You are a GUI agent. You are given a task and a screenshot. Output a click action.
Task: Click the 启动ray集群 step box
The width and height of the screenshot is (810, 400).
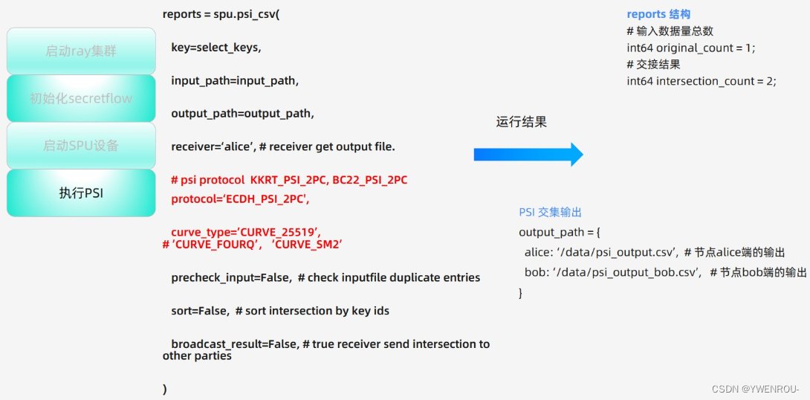pyautogui.click(x=81, y=51)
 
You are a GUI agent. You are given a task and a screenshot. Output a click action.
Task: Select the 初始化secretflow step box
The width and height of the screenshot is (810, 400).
pyautogui.click(x=81, y=98)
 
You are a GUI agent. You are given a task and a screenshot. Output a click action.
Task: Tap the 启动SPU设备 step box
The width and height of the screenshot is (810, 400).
pyautogui.click(x=81, y=146)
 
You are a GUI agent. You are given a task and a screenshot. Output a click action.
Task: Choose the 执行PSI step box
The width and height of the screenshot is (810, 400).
pyautogui.click(x=81, y=193)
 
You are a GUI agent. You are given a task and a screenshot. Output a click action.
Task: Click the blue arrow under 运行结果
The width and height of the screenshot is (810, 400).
pyautogui.click(x=528, y=154)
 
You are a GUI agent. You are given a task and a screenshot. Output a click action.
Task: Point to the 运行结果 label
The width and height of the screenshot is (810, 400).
pyautogui.click(x=521, y=122)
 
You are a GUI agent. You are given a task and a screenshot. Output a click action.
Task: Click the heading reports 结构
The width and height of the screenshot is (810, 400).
pyautogui.click(x=658, y=14)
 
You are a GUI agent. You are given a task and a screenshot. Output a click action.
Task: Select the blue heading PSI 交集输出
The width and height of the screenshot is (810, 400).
pyautogui.click(x=550, y=213)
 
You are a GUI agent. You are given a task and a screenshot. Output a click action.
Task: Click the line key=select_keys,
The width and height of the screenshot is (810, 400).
pyautogui.click(x=216, y=48)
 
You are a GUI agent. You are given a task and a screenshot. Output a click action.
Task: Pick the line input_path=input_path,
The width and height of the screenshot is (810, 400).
pyautogui.click(x=235, y=80)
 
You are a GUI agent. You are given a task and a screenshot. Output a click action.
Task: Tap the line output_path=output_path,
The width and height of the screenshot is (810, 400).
pyautogui.click(x=242, y=114)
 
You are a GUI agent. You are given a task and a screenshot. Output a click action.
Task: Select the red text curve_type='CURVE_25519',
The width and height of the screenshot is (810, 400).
pyautogui.click(x=246, y=231)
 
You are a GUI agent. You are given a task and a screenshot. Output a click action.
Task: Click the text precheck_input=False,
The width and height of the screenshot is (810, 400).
pyautogui.click(x=231, y=277)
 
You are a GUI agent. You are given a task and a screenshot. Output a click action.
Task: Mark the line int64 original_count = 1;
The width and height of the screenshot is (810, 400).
pyautogui.click(x=690, y=48)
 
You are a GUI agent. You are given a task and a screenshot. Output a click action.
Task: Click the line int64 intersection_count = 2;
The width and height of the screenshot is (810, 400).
pyautogui.click(x=701, y=81)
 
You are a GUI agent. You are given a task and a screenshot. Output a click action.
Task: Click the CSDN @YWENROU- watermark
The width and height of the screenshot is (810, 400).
pyautogui.click(x=755, y=390)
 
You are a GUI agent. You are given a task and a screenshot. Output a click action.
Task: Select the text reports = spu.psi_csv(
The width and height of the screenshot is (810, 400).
pyautogui.click(x=221, y=14)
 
